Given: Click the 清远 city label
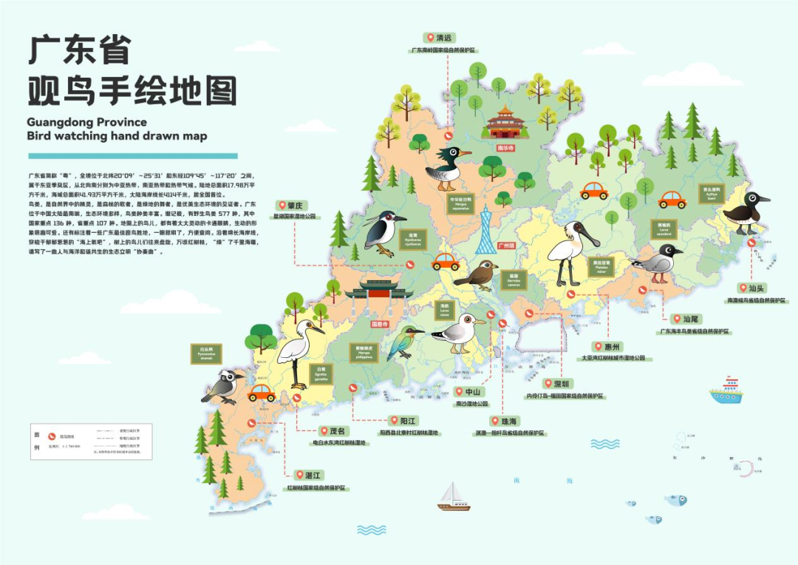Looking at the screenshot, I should pyautogui.click(x=443, y=37).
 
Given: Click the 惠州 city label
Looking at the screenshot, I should pyautogui.click(x=612, y=345).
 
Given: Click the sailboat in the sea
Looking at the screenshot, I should pyautogui.click(x=453, y=497).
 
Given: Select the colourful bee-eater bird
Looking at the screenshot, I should pyautogui.click(x=405, y=341).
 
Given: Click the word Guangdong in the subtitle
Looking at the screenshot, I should pyautogui.click(x=64, y=122).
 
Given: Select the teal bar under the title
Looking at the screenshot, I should pyautogui.click(x=133, y=156).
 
